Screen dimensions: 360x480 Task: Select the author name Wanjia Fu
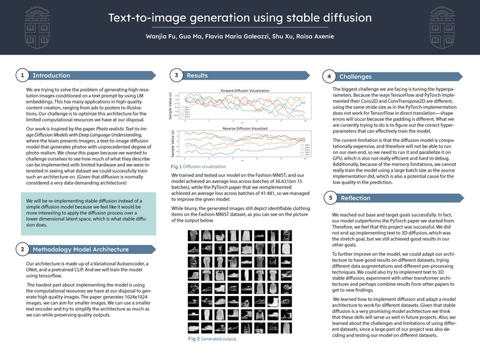click(x=162, y=36)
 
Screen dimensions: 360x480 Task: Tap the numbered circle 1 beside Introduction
click(x=22, y=76)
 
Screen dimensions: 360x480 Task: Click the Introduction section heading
click(x=52, y=76)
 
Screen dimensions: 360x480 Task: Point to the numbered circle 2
click(x=22, y=249)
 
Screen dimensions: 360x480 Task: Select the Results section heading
click(x=197, y=76)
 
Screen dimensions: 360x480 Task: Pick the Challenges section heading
click(x=356, y=77)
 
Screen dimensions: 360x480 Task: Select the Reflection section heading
click(x=356, y=198)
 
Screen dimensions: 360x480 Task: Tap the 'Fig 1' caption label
click(x=176, y=166)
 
